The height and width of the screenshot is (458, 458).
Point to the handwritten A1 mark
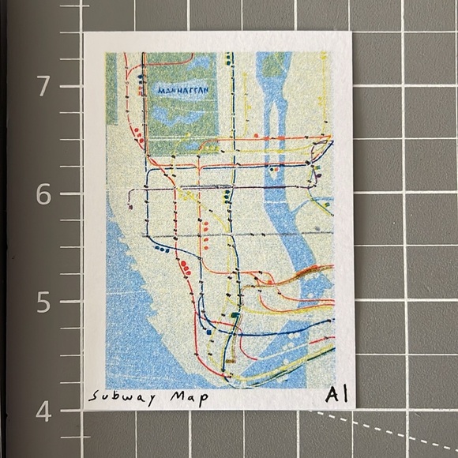332,394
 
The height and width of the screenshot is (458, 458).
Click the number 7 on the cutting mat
45,84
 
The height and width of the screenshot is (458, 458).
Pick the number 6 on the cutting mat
45,193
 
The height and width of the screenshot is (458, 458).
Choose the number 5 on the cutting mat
45,302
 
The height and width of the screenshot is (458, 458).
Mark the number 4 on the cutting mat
45,411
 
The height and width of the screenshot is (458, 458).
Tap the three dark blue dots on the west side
163,249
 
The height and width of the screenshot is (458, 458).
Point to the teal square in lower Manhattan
235,315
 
